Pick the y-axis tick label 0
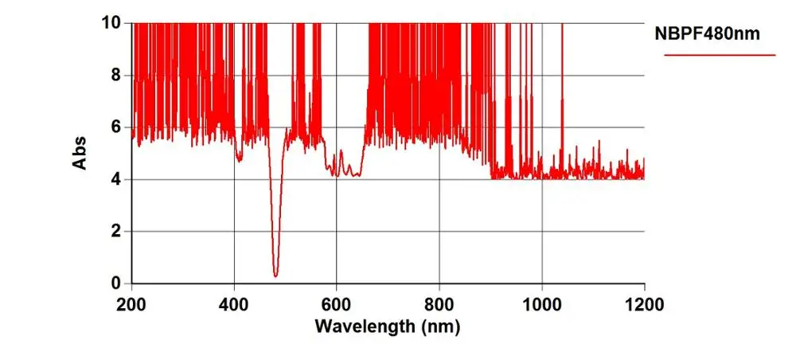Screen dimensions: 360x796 [x=116, y=284]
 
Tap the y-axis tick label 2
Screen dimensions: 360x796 [x=116, y=232]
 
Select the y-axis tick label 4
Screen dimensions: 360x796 [x=116, y=179]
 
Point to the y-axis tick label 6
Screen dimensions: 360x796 [x=116, y=127]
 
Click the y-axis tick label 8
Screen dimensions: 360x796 [x=116, y=75]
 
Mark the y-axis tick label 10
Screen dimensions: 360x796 [x=112, y=23]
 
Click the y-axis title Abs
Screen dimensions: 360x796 [x=80, y=152]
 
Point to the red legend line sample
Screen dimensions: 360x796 [x=720, y=55]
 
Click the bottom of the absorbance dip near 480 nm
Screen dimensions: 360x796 [x=275, y=275]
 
